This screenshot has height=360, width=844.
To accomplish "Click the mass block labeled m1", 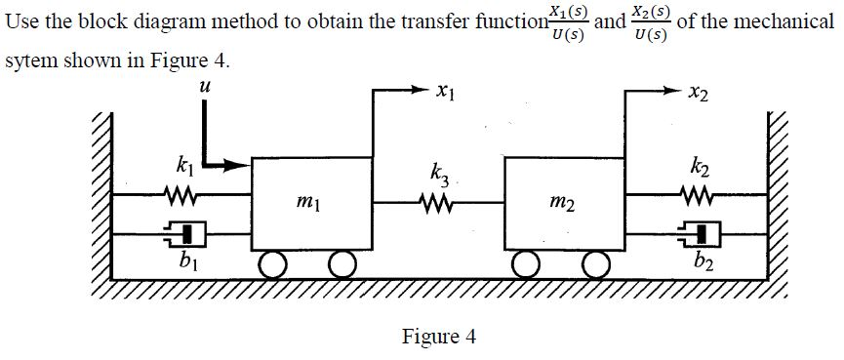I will coord(312,204).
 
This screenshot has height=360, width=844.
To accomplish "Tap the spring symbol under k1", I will coord(182,200).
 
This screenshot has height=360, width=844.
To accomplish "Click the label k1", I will coord(182,165).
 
